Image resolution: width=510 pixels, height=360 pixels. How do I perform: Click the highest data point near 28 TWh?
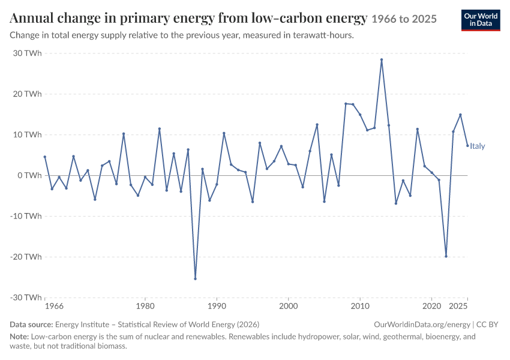(x=382, y=60)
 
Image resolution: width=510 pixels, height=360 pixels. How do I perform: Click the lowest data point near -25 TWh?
(x=195, y=278)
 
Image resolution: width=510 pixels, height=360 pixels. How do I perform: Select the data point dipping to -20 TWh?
(x=446, y=256)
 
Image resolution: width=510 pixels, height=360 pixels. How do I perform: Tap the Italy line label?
(x=477, y=146)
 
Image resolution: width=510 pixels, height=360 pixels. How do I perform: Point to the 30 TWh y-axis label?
(x=28, y=53)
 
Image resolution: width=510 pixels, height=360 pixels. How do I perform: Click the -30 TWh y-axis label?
(x=26, y=298)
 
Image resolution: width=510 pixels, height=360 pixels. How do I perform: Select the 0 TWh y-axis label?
(x=29, y=175)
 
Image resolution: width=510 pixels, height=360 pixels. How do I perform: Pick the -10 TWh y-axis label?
(x=26, y=216)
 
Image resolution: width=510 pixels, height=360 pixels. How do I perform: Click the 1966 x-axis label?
(x=54, y=306)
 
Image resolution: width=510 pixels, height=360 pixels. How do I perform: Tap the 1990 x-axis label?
(x=217, y=306)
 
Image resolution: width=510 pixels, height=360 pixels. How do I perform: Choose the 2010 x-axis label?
(x=360, y=306)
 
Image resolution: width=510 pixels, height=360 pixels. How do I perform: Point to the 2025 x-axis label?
(x=458, y=306)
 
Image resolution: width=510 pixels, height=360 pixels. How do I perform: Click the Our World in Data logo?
(x=481, y=20)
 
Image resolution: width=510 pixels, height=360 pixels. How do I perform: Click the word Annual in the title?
(x=32, y=18)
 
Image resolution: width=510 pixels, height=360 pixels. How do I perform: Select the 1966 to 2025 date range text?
(x=404, y=19)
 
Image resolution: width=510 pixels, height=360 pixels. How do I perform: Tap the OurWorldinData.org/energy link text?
(x=422, y=324)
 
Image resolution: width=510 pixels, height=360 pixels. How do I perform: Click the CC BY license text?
(x=487, y=324)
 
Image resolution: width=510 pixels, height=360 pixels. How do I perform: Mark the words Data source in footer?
(x=31, y=324)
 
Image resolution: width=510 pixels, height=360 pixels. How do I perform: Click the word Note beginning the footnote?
(x=19, y=336)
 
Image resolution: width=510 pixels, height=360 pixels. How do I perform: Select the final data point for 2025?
(x=467, y=145)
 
